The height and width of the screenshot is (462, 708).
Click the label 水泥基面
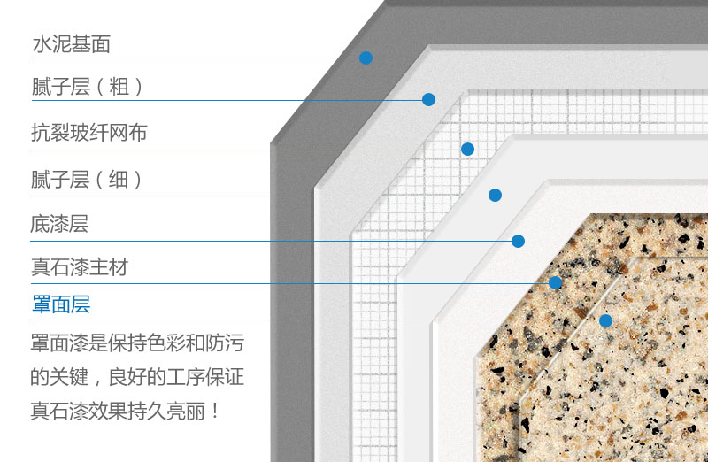[72, 44]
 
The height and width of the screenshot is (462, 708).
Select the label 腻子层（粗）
[87, 87]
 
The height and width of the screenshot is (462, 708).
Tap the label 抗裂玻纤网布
[89, 133]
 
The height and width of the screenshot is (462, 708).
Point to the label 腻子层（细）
[86, 180]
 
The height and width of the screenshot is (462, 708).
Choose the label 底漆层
[59, 224]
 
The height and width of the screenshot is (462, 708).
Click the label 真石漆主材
[80, 267]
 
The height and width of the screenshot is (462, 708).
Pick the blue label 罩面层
[61, 304]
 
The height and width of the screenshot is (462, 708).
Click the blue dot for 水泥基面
[366, 58]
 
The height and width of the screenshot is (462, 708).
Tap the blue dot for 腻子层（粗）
[428, 99]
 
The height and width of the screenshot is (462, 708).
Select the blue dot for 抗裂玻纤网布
[467, 149]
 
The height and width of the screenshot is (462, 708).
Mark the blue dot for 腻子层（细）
[495, 195]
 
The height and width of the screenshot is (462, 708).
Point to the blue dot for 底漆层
[518, 241]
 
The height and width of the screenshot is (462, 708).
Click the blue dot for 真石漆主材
[555, 282]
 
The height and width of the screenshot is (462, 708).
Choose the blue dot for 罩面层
[605, 320]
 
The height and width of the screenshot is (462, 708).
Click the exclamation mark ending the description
[215, 411]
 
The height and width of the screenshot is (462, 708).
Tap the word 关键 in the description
[69, 377]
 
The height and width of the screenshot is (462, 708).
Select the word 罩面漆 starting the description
[59, 343]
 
